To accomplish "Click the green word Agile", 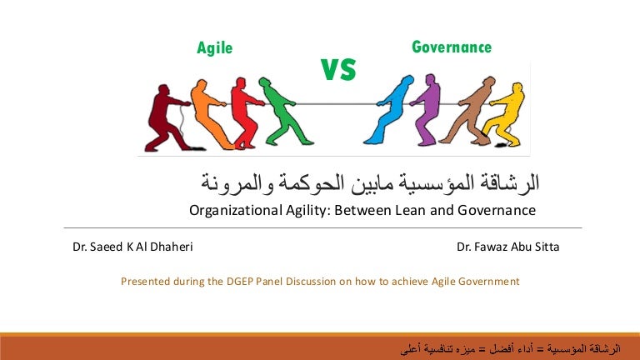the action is (x=215, y=48).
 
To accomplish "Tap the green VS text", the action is (x=338, y=69).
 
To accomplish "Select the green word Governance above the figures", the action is (x=452, y=47).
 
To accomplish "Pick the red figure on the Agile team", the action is (x=245, y=112).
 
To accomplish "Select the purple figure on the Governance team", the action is (x=427, y=110).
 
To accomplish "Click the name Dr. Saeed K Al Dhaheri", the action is (x=132, y=247).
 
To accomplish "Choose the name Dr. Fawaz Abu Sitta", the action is (x=507, y=247).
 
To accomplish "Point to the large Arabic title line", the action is (x=370, y=182).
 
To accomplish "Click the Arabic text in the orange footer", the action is (x=511, y=349).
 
